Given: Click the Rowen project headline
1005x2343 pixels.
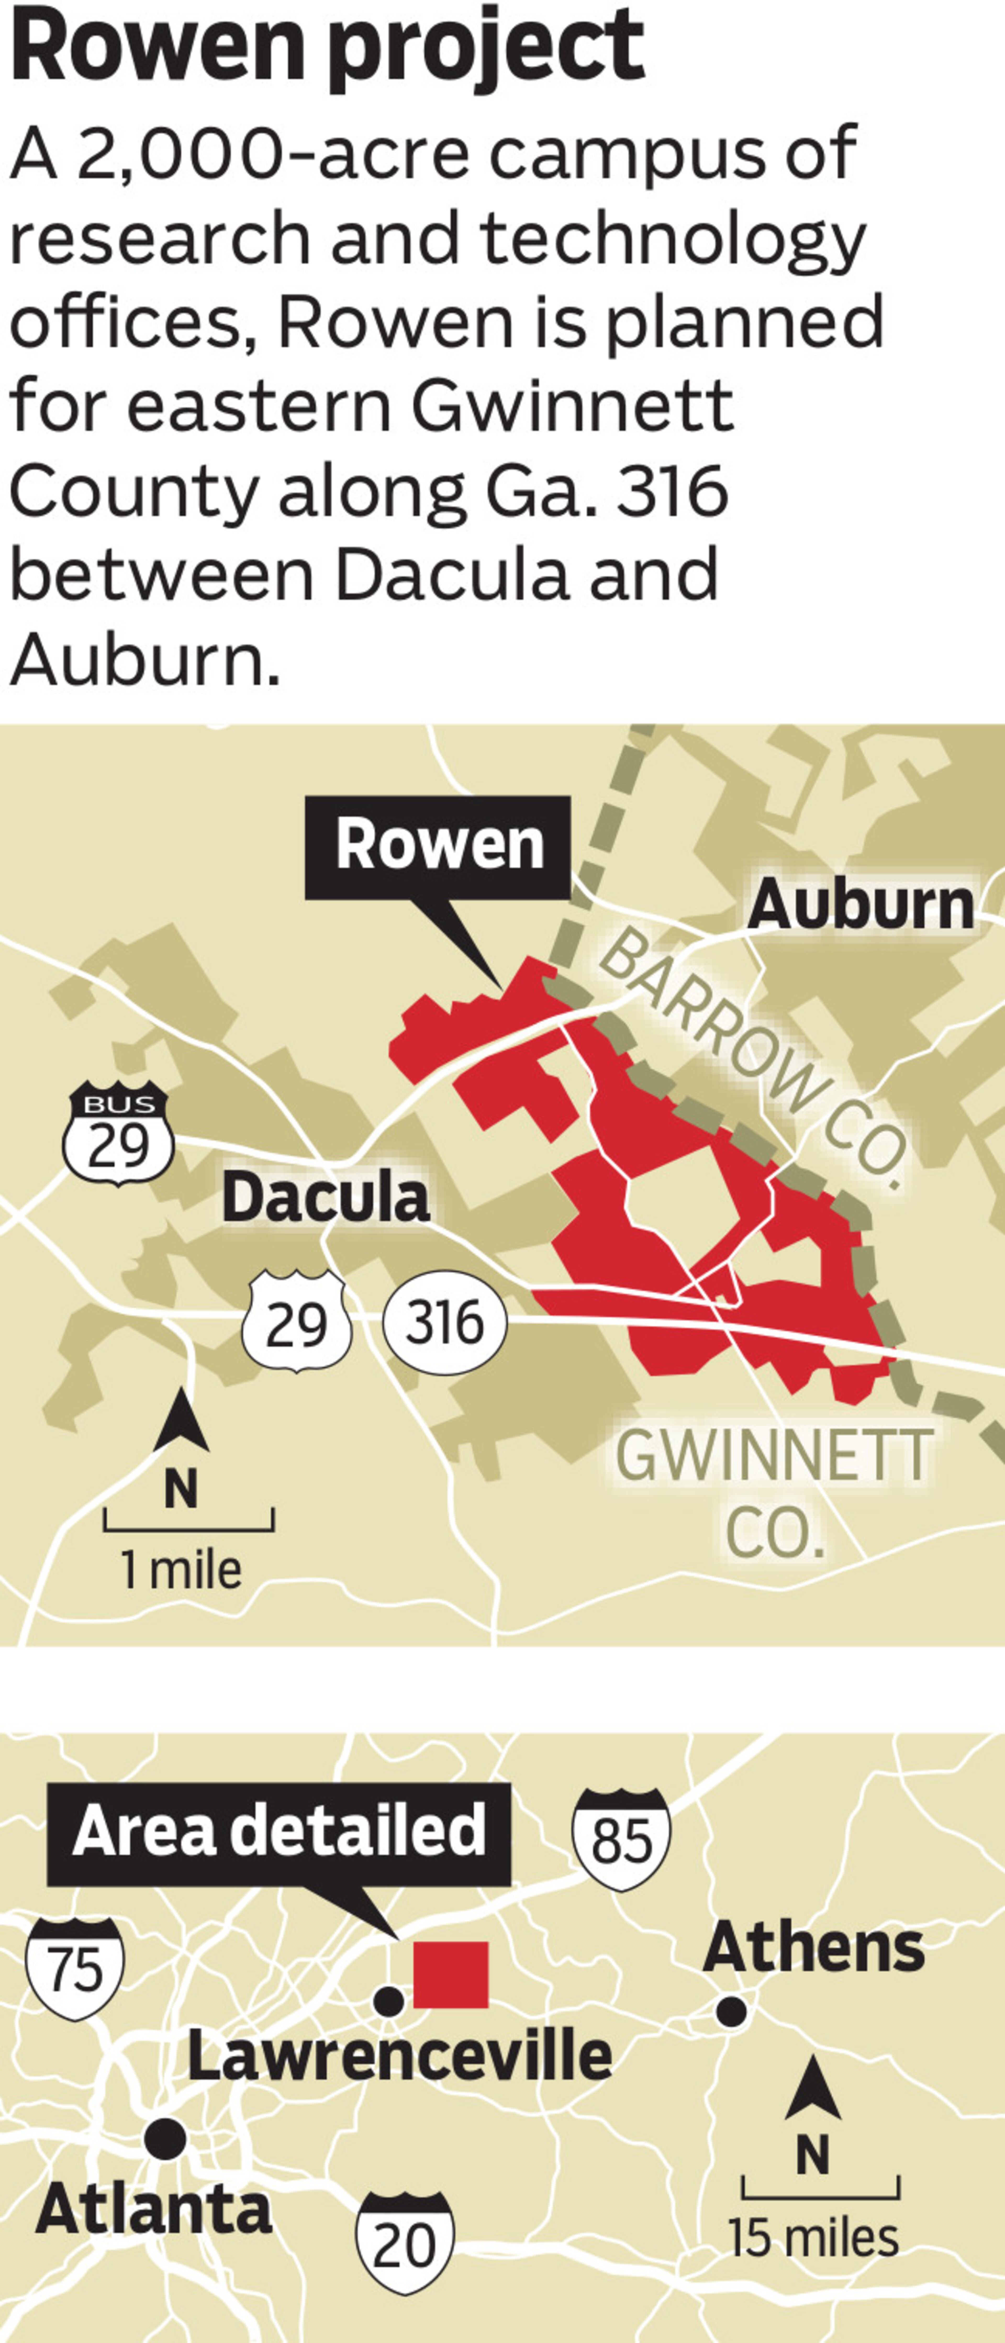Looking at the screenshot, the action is [x=327, y=46].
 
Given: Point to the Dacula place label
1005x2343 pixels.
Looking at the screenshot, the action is [x=326, y=1198].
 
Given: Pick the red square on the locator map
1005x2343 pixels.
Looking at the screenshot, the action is [x=451, y=1975].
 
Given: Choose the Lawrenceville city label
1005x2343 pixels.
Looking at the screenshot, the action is [x=400, y=2057].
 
